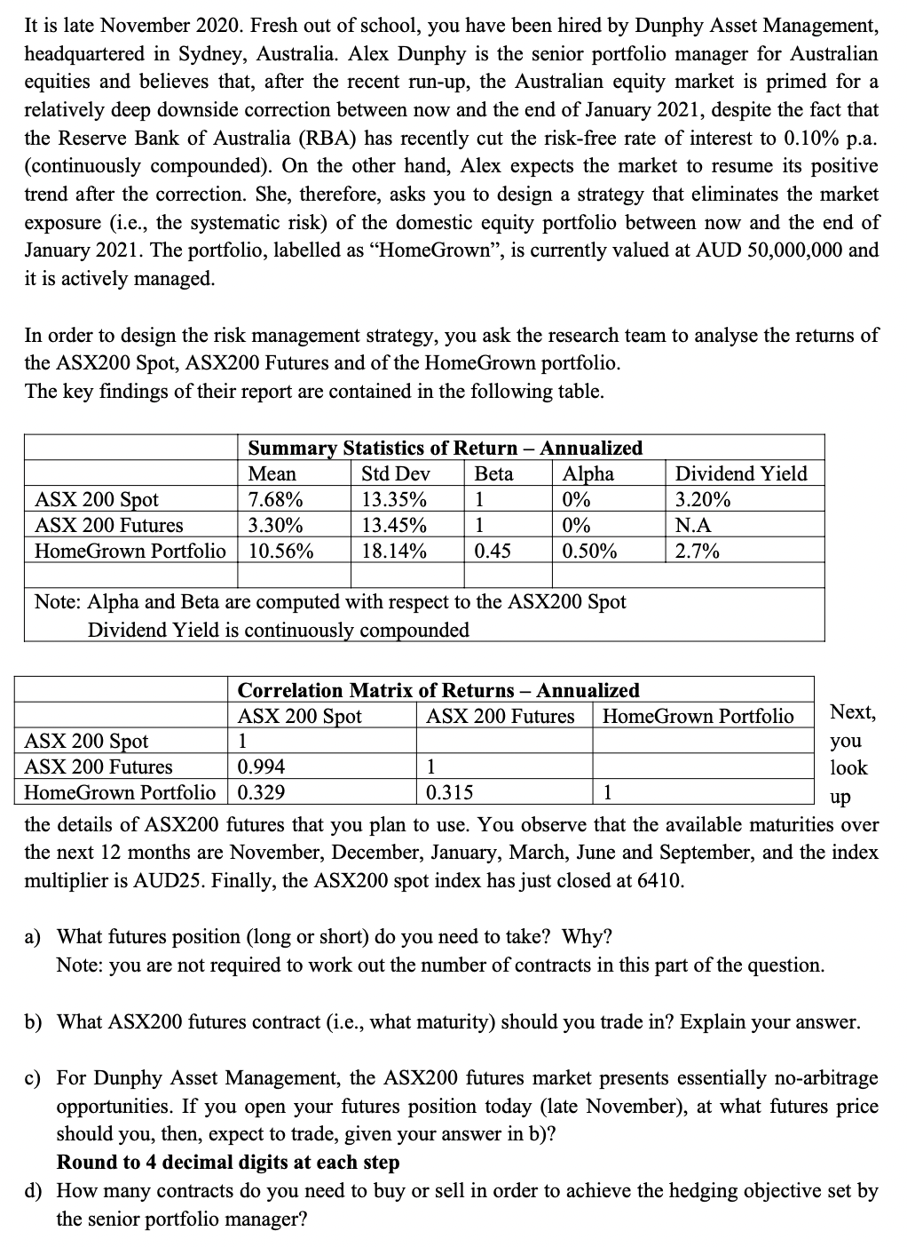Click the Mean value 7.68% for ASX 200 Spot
(275, 499)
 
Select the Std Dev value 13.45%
(393, 525)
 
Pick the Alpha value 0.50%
(590, 551)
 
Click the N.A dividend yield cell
(693, 525)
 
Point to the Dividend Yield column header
(741, 473)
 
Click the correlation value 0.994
(262, 766)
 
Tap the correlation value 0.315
(450, 792)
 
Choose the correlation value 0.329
(262, 792)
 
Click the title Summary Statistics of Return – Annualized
(445, 448)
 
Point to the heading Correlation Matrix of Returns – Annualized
(438, 690)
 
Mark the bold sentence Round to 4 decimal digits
(228, 1162)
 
